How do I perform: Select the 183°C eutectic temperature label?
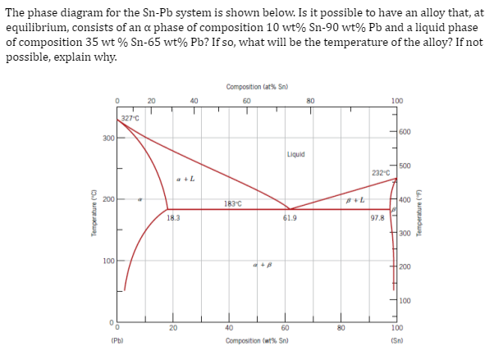tap(231, 203)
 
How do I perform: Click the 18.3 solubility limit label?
tap(172, 217)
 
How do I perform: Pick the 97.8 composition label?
tap(377, 217)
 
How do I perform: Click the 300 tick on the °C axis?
tap(107, 138)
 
